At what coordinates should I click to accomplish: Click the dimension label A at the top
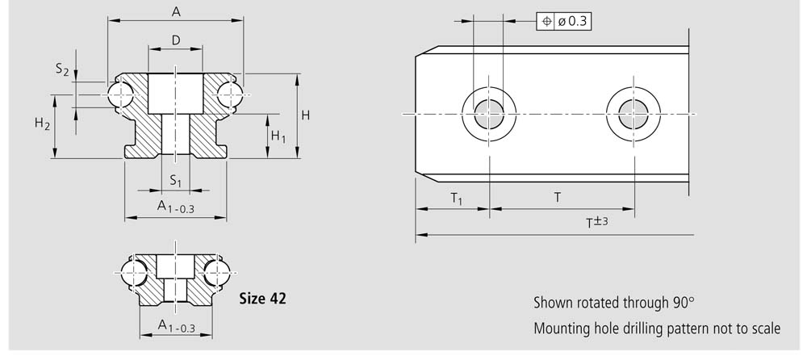click(176, 11)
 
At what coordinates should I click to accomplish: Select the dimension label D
click(176, 40)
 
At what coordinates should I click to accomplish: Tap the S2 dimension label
click(62, 69)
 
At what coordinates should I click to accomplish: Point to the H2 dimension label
click(43, 123)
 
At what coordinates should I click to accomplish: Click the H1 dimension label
click(278, 136)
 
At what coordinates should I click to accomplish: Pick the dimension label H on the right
click(306, 115)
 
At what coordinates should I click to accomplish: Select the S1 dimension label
click(176, 181)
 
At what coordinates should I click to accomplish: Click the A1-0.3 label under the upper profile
click(175, 207)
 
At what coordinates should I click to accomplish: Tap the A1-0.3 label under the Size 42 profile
click(176, 326)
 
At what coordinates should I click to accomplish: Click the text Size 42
click(262, 299)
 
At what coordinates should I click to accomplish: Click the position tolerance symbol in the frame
click(546, 21)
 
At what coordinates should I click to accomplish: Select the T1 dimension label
click(457, 199)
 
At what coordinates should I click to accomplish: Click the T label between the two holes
click(558, 197)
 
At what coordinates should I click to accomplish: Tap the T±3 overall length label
click(597, 223)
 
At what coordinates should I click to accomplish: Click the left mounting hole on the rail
click(489, 114)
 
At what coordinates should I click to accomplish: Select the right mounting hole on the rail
click(633, 114)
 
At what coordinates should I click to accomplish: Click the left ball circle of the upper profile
click(120, 95)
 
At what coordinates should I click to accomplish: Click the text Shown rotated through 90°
click(613, 303)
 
